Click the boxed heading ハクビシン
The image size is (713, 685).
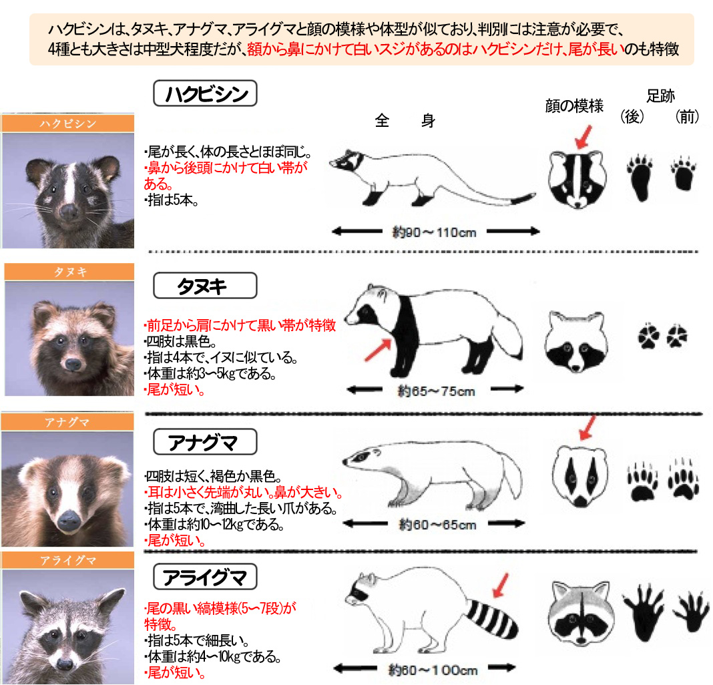[205, 93]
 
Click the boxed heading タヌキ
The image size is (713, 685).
[205, 286]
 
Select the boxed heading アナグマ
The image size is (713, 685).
[205, 442]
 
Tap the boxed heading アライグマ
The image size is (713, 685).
[205, 577]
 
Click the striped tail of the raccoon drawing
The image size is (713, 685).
[492, 618]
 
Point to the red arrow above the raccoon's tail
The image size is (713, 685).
[501, 586]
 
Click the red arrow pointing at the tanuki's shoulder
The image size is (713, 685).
[378, 351]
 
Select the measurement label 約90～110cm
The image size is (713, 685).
[434, 232]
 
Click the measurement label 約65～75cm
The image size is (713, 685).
[436, 391]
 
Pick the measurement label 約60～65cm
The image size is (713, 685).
[437, 525]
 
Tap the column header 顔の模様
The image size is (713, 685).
[574, 106]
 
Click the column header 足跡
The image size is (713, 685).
[660, 96]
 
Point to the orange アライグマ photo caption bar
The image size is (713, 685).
[67, 560]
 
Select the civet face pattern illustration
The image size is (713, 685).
[577, 180]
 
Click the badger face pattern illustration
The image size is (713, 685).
[580, 477]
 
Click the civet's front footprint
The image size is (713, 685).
[683, 174]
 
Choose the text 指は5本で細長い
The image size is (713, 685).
[196, 640]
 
